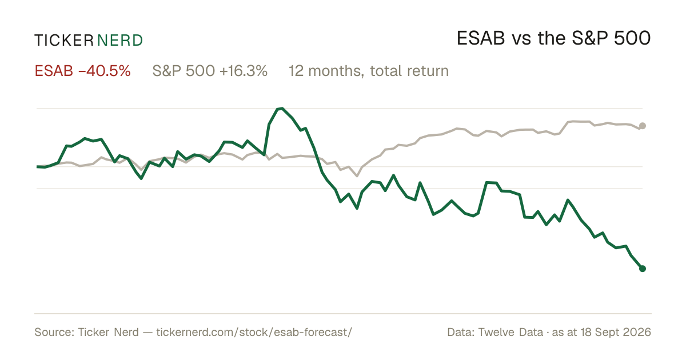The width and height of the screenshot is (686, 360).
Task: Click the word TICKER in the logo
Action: pos(64,41)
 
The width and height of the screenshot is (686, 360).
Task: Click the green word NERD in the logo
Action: pos(120,41)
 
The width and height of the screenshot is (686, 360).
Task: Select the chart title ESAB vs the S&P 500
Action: pos(554,38)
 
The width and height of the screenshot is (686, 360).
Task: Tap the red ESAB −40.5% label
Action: pos(83,71)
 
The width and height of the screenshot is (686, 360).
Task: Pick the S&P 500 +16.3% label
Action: pos(210,71)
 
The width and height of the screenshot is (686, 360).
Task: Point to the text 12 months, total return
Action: pos(369,71)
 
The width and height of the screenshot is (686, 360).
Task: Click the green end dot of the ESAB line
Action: pos(643,269)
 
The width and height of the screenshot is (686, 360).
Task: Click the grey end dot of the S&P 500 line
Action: pos(643,126)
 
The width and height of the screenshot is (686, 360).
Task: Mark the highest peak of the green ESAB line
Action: pos(282,108)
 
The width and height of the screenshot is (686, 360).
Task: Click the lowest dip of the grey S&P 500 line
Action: pos(357,176)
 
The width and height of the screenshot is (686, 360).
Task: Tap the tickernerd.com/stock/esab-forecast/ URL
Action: pos(254,332)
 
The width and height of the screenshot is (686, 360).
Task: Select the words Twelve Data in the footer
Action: pos(510,332)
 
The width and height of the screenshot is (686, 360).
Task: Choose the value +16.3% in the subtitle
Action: pos(244,71)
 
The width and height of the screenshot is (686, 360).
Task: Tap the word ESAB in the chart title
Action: pos(481,38)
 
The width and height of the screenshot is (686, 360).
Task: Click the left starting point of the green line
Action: pos(37,167)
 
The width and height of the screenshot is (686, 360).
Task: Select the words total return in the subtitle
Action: pos(409,71)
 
